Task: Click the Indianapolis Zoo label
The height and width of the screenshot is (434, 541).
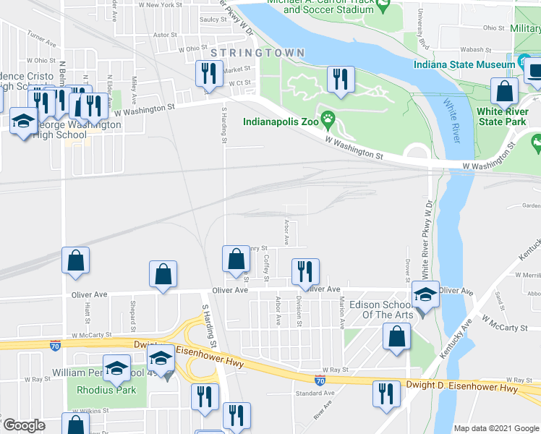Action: click(281, 121)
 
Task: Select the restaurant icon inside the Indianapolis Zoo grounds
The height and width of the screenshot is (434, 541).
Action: click(341, 78)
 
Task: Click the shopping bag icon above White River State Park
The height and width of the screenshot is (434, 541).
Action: click(504, 91)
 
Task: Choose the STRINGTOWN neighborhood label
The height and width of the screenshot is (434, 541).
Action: click(257, 54)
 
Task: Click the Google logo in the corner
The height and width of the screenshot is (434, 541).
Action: click(23, 425)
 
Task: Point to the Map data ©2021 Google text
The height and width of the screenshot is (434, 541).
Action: click(495, 427)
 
